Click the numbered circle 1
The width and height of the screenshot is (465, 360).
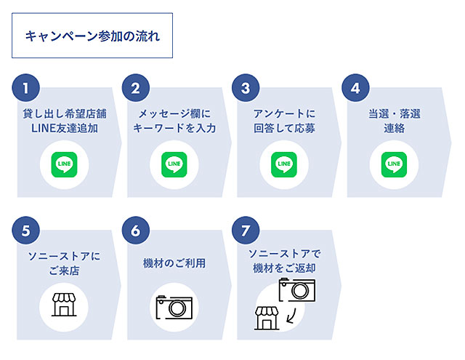[x=26, y=89]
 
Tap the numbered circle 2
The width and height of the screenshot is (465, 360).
[x=136, y=89]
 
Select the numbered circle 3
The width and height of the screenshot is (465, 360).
[x=246, y=89]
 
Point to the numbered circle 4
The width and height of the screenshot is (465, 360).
[x=355, y=89]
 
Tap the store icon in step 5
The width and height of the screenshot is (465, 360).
[x=64, y=303]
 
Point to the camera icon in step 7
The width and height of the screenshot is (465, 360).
[x=296, y=290]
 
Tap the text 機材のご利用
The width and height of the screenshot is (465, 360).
[x=174, y=263]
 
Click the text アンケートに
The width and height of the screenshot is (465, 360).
[x=284, y=114]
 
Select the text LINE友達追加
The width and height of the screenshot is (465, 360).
[x=65, y=129]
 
